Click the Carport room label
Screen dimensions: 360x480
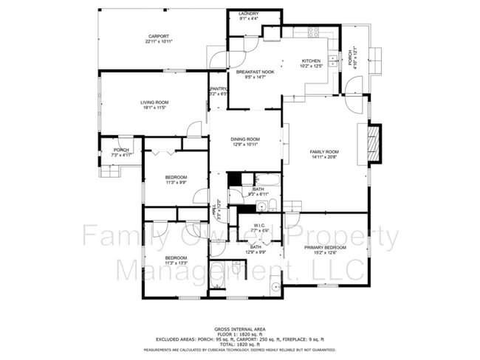pyautogui.click(x=159, y=36)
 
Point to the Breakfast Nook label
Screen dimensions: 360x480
pyautogui.click(x=254, y=72)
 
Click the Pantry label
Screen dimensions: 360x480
pyautogui.click(x=218, y=89)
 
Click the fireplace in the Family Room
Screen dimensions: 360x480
pyautogui.click(x=374, y=142)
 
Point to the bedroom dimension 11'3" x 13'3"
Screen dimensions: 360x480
pyautogui.click(x=176, y=261)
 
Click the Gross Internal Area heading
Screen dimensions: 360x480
pyautogui.click(x=240, y=328)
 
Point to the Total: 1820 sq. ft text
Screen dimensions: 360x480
pyautogui.click(x=240, y=343)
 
